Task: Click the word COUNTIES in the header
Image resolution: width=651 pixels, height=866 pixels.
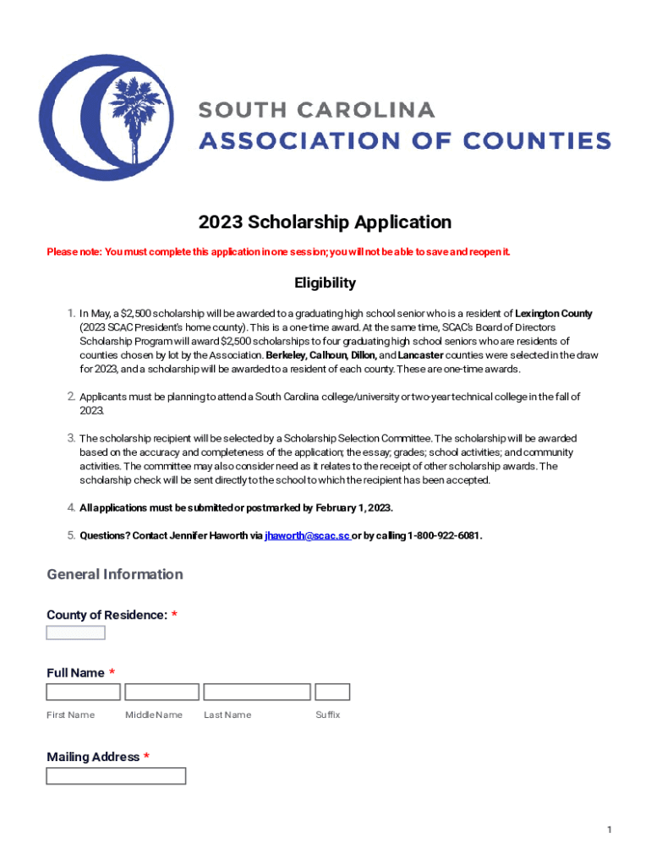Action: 536,140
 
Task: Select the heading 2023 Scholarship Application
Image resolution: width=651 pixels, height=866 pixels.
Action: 325,222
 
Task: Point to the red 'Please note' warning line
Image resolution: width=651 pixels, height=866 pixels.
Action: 278,252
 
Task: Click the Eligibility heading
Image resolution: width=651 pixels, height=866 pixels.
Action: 325,282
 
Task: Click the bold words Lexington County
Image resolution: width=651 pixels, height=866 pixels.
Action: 554,314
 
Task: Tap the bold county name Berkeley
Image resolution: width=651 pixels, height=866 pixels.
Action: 287,355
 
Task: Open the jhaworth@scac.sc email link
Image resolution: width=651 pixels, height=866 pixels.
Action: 307,535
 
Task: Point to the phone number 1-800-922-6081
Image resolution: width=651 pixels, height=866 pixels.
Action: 445,535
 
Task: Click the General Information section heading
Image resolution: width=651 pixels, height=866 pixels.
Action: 115,574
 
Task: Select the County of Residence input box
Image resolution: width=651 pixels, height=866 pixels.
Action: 75,633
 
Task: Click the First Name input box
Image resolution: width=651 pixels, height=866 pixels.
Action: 83,692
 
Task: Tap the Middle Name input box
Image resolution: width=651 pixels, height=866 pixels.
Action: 161,692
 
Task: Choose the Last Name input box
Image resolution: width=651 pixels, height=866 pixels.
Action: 257,692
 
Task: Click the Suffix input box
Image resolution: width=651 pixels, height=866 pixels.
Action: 332,692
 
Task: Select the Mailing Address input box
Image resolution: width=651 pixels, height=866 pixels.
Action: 116,776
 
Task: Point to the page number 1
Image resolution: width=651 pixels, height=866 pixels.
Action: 609,830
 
